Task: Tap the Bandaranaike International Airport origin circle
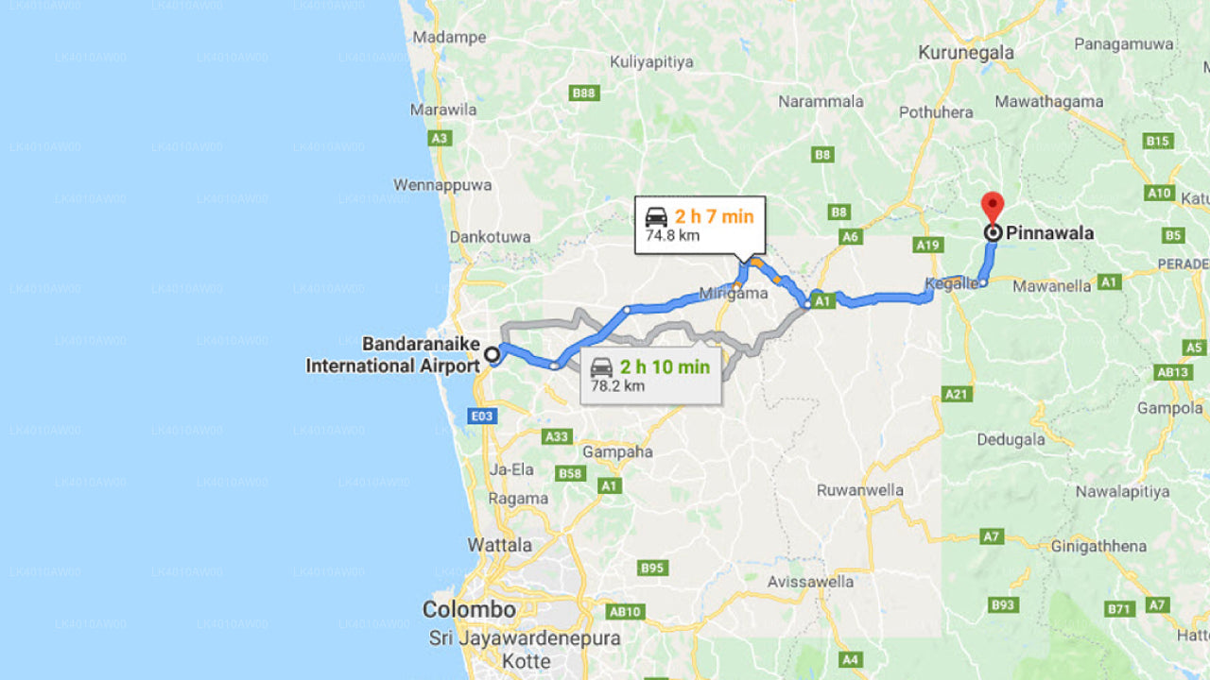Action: [x=492, y=355]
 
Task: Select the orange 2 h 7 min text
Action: [x=714, y=216]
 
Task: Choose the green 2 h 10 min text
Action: [x=665, y=366]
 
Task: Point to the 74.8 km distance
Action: [x=672, y=235]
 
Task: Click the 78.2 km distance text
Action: [x=617, y=385]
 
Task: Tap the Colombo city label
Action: [x=469, y=609]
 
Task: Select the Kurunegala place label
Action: [x=965, y=53]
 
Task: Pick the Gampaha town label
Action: [x=617, y=451]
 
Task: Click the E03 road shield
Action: [x=483, y=416]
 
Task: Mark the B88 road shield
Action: [x=583, y=93]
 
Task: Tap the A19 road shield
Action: [x=928, y=246]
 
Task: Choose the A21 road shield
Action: [x=958, y=394]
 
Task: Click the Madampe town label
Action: [x=449, y=38]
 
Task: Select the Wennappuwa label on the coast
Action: [x=442, y=185]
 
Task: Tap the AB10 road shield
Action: [x=626, y=611]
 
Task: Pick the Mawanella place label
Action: [x=1051, y=284]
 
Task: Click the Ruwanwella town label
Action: [x=860, y=490]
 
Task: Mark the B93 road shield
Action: [x=1003, y=604]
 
